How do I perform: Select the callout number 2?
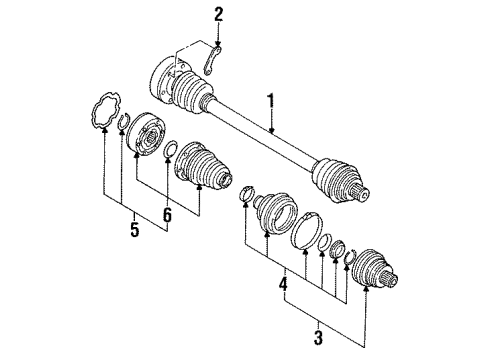pos(218,15)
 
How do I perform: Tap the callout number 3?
pos(319,337)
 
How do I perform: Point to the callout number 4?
pos(283,285)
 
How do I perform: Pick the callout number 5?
pos(134,229)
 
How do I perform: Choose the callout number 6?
pos(167,214)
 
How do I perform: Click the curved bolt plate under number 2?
pos(211,60)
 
